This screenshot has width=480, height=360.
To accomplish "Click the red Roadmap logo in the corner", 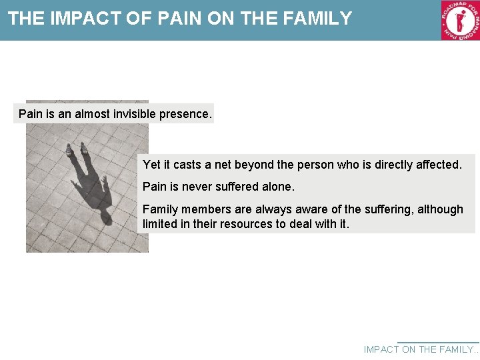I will click(x=460, y=20).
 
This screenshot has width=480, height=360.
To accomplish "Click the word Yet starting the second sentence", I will click(x=152, y=165).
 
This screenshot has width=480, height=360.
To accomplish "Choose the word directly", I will click(x=390, y=165).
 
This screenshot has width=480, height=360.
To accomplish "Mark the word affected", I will click(x=438, y=165).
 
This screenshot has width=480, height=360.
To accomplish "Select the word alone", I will click(x=277, y=187).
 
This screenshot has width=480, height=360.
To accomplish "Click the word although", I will click(x=440, y=209).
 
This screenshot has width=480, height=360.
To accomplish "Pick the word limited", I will click(x=159, y=224).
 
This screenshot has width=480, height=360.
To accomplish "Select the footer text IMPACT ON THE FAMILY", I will click(x=421, y=349).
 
